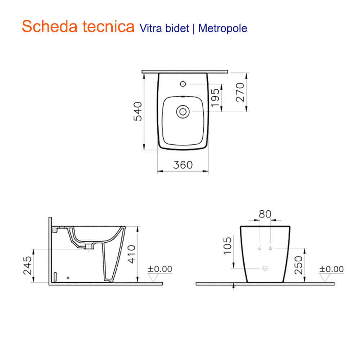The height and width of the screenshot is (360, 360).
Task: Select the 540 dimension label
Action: tap(138, 111)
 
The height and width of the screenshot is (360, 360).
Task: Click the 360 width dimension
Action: tap(183, 165)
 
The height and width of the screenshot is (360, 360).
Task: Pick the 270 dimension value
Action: tap(240, 92)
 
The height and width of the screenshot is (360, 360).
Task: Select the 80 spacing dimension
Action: tap(265, 214)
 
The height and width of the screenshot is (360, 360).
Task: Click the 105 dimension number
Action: tap(228, 246)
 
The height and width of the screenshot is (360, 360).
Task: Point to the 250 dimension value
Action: tap(298, 265)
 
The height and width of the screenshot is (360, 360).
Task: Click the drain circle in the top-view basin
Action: tap(183, 112)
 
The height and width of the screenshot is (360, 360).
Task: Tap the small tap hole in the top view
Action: tap(183, 84)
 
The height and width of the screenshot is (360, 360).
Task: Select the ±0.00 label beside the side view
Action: tap(160, 269)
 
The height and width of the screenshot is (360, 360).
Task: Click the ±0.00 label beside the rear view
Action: tap(332, 269)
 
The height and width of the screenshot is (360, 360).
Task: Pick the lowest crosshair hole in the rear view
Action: tap(265, 268)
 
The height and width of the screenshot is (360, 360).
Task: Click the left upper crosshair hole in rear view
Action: tap(259, 248)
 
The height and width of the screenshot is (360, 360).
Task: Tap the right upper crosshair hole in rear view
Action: tap(271, 248)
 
